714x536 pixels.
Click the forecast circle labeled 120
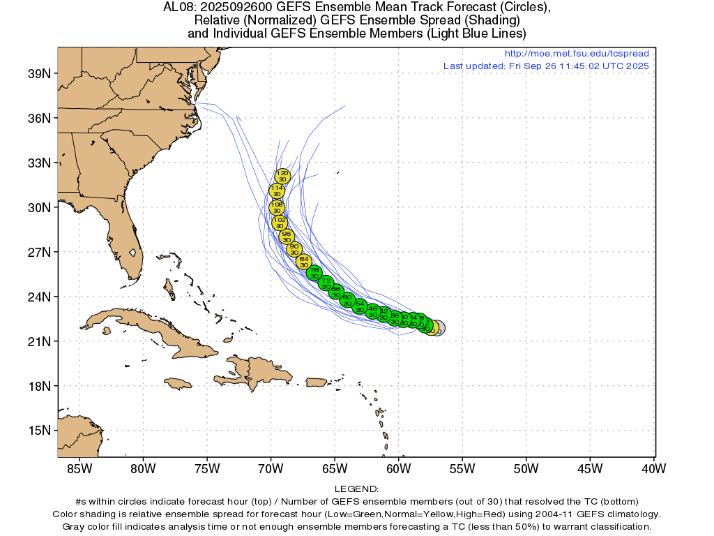click(282, 176)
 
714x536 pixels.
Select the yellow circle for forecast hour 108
click(278, 207)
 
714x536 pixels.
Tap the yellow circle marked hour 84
click(303, 262)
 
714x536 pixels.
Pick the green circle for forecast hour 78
click(314, 273)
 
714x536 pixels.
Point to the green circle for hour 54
click(360, 306)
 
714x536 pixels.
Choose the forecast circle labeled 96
click(286, 237)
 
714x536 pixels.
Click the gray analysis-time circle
click(437, 328)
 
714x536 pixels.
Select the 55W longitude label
click(462, 468)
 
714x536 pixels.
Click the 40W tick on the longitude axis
click(654, 468)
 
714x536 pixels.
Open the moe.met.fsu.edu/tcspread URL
click(576, 54)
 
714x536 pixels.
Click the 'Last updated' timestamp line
click(546, 66)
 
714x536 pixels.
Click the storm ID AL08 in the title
click(177, 8)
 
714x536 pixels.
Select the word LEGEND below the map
click(356, 489)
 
